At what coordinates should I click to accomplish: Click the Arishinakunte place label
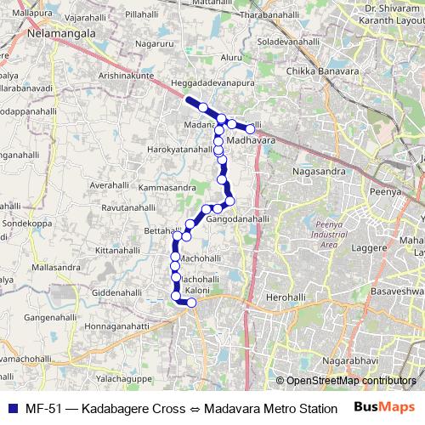coord(126,76)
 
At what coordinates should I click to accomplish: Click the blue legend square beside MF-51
coord(10,406)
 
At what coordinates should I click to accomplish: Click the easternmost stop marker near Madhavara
coord(251,128)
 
